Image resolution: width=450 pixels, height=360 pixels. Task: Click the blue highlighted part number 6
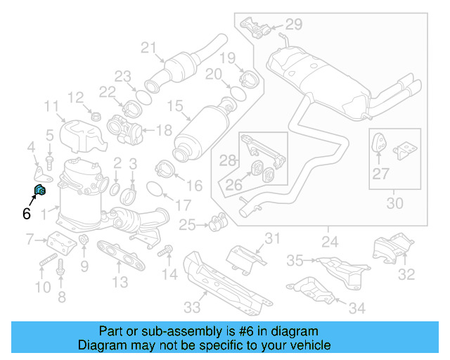point(40,189)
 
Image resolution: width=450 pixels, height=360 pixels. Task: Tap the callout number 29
point(293,25)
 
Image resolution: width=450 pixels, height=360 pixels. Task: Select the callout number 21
point(148,48)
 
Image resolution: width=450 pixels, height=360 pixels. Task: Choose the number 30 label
point(395,204)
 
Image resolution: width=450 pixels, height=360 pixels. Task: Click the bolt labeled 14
point(167,250)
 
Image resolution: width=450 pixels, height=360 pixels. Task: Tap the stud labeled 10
point(44,264)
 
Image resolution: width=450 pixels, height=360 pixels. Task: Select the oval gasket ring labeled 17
point(156,189)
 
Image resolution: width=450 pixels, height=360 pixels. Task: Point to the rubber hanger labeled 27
point(379,144)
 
